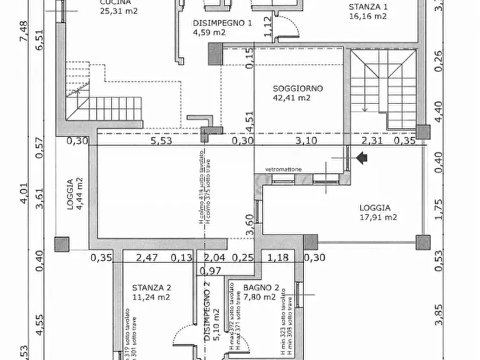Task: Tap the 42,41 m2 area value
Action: click(x=292, y=98)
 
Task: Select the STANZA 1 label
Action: click(x=368, y=7)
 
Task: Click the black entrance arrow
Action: click(x=362, y=158)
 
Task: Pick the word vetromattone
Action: click(x=283, y=170)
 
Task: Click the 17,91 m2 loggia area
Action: click(x=378, y=217)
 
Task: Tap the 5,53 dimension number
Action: click(x=161, y=141)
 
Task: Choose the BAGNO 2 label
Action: click(x=259, y=287)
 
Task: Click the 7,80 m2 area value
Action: click(x=259, y=296)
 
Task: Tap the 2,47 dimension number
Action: click(x=146, y=258)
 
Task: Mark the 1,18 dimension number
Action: click(x=278, y=258)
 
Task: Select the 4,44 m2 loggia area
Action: click(x=79, y=193)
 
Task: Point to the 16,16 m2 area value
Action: click(x=368, y=16)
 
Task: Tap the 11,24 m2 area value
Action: click(x=151, y=296)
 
